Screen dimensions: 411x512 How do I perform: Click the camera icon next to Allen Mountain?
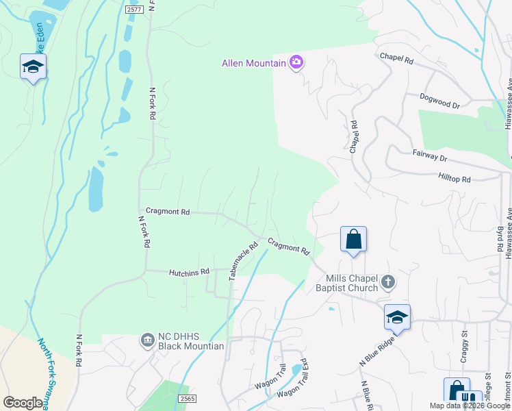click(296, 63)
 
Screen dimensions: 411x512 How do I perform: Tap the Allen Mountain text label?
click(254, 64)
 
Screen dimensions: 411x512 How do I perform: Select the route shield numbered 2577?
click(133, 9)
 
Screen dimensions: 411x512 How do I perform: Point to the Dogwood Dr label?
click(439, 103)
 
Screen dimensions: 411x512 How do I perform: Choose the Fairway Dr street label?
click(429, 157)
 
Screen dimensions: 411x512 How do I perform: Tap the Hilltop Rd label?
click(455, 179)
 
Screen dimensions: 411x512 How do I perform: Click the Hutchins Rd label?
click(188, 272)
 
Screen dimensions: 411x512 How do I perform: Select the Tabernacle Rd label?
click(244, 260)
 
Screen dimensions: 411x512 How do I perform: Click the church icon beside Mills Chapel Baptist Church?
click(388, 282)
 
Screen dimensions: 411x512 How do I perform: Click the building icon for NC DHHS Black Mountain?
click(147, 340)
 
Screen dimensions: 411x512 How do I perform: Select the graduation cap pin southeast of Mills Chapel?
click(397, 317)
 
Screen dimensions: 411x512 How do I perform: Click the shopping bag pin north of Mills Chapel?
click(353, 240)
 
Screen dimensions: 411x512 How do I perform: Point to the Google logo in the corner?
click(23, 403)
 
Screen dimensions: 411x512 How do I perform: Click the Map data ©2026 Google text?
click(470, 406)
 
